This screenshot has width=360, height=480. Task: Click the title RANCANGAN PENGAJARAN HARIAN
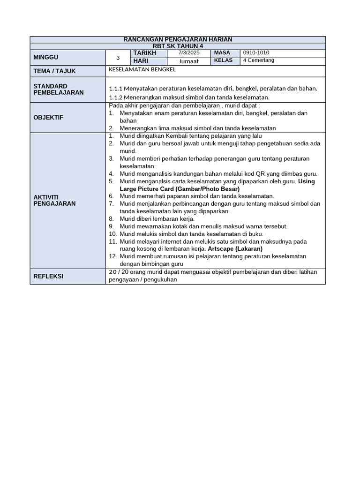point(178,39)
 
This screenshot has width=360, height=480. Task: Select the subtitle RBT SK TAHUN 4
point(178,46)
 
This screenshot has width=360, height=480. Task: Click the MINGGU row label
point(46,57)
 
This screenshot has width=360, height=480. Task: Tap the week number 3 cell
point(118,58)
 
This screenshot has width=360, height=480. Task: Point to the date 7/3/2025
point(189,53)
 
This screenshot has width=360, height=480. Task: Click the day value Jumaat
point(189,61)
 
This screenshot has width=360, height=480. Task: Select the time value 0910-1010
point(256,53)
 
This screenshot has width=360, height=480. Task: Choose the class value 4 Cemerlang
point(258,60)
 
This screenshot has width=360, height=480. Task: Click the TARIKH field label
point(144,53)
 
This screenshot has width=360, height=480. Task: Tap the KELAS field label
point(223,60)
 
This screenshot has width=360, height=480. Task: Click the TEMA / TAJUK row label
point(54,71)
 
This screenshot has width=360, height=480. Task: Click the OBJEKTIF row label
point(48,117)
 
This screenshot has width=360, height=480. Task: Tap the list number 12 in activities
point(112,256)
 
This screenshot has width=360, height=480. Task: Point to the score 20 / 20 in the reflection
point(118,272)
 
